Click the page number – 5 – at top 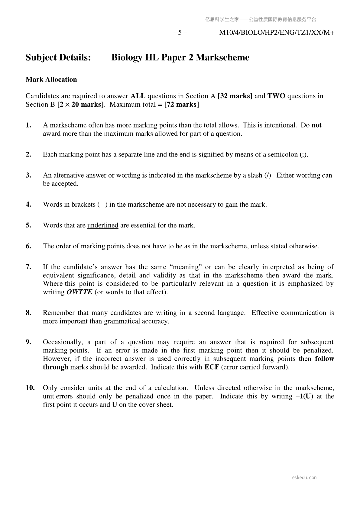click(x=180, y=33)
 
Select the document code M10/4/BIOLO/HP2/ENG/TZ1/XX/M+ click(x=276, y=33)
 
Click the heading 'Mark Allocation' click(x=51, y=79)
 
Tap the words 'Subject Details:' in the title click(x=58, y=57)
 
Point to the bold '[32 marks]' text click(x=235, y=96)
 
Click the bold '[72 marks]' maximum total click(x=182, y=105)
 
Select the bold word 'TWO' click(x=276, y=96)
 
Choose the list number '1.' click(x=28, y=125)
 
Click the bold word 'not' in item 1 click(x=316, y=125)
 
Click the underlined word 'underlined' click(x=103, y=225)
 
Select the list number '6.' click(x=28, y=246)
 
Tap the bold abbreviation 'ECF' click(x=212, y=367)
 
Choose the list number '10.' click(x=30, y=388)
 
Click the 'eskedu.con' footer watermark click(x=304, y=478)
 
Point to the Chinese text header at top click(x=261, y=20)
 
